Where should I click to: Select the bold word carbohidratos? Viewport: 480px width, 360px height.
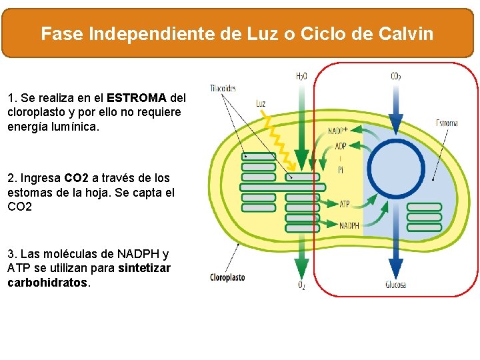click(47, 283)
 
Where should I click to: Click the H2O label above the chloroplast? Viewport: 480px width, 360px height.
click(301, 77)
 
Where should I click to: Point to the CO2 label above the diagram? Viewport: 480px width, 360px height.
click(396, 77)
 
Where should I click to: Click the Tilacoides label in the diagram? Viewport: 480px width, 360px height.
click(223, 88)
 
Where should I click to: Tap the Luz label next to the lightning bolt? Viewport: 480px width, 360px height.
click(261, 103)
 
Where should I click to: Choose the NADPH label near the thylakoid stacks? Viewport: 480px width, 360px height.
click(349, 226)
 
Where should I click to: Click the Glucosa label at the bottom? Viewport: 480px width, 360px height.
click(395, 285)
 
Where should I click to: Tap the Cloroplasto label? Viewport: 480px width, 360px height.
click(227, 277)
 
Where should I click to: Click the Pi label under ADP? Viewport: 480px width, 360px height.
click(341, 170)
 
